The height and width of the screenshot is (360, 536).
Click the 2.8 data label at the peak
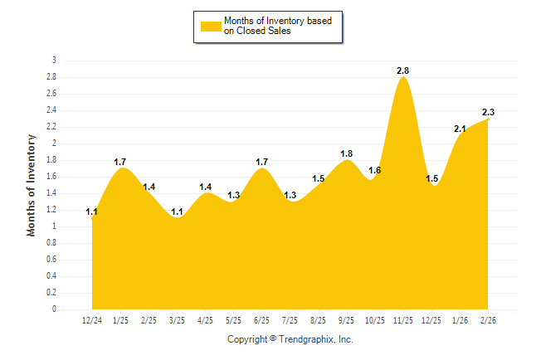[404, 71]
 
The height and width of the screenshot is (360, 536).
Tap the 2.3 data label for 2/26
[489, 113]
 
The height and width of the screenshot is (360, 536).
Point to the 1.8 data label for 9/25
[348, 153]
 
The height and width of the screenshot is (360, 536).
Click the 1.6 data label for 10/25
[375, 170]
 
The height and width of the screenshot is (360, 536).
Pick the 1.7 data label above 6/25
[262, 162]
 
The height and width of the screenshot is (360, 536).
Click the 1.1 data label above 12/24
[92, 212]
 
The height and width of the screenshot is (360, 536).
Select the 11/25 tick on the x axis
[404, 320]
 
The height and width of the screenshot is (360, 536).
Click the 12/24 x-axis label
[92, 320]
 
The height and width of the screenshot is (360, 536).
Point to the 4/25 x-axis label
[206, 320]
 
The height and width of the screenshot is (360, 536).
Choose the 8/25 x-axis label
[319, 320]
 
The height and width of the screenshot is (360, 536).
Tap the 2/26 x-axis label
[489, 320]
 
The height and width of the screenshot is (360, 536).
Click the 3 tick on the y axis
[54, 61]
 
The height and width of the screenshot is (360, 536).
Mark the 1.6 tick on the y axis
[51, 177]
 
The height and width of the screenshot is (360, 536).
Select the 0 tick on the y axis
[54, 309]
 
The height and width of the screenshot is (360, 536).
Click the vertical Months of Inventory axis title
[32, 185]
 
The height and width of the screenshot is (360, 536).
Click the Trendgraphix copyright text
[290, 339]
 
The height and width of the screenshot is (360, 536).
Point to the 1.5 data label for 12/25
[432, 178]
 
